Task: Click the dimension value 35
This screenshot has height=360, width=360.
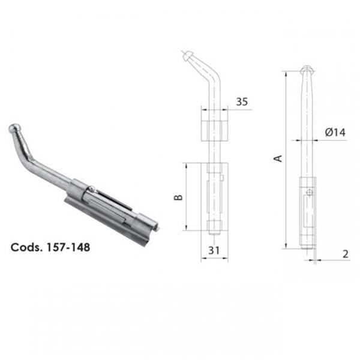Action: [x=242, y=102]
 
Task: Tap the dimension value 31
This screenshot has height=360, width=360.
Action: [x=214, y=250]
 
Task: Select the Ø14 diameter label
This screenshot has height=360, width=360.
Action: [x=335, y=132]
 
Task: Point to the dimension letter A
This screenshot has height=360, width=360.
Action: [x=278, y=158]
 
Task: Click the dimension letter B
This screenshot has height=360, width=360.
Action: [x=178, y=197]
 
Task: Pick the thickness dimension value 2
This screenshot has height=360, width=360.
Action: [x=346, y=254]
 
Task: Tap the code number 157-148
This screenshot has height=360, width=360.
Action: [x=68, y=247]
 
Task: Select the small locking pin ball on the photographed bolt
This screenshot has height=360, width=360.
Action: [x=91, y=189]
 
